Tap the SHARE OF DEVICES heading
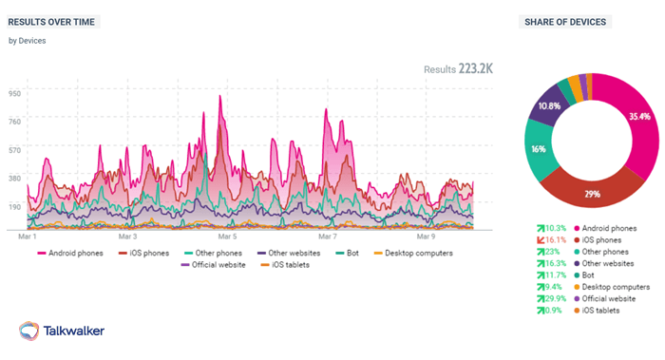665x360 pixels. tap(560, 22)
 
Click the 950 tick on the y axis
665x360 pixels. tap(14, 92)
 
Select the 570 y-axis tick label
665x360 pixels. tap(14, 149)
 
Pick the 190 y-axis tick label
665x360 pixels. tap(14, 206)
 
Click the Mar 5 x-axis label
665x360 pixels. tap(227, 236)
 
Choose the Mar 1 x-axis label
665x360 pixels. tap(28, 236)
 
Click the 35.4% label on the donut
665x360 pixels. tap(638, 117)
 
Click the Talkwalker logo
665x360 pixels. tap(63, 330)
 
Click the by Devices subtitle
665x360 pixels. tap(27, 41)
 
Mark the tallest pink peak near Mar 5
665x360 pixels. tap(220, 96)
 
